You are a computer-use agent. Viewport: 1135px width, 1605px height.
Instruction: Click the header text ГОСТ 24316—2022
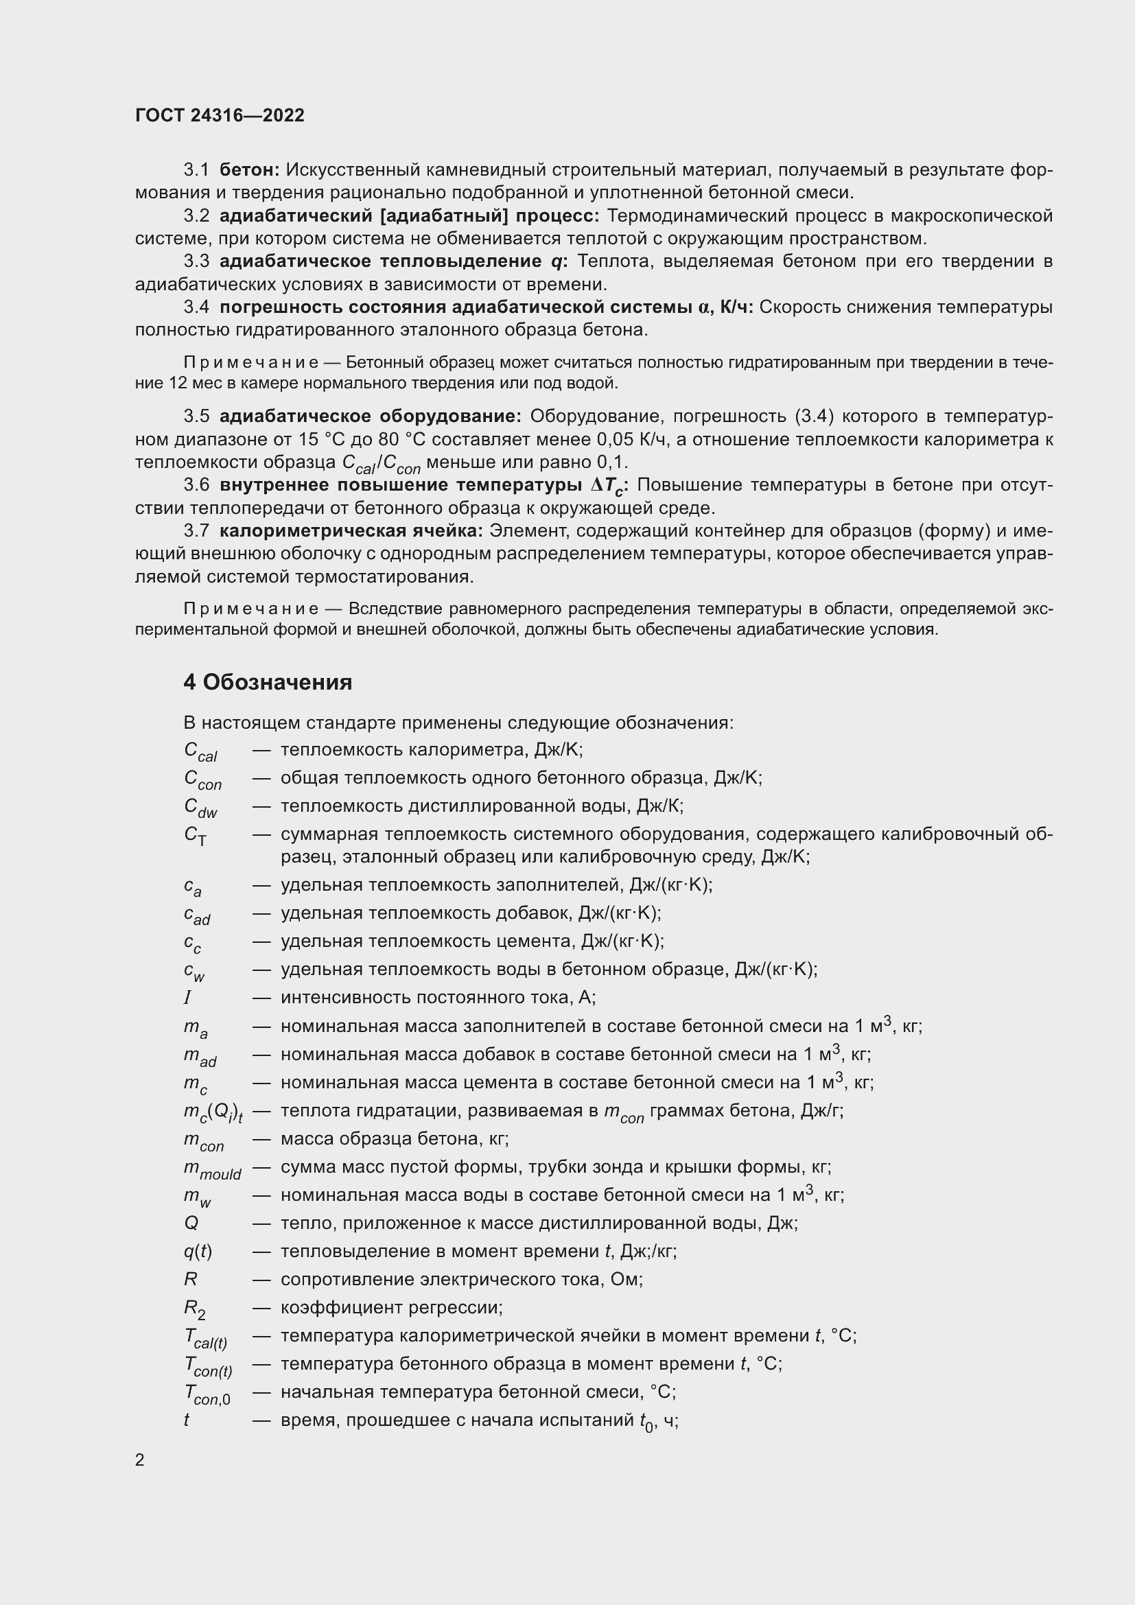tap(220, 115)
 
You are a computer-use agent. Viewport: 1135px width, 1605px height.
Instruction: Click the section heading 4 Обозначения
tap(268, 681)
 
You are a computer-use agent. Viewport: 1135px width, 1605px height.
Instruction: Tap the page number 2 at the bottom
tap(140, 1460)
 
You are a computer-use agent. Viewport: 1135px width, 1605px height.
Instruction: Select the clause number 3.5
tap(196, 416)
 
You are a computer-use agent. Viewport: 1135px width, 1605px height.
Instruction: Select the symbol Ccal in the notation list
tap(200, 751)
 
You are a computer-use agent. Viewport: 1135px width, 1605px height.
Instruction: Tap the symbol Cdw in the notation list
tap(200, 808)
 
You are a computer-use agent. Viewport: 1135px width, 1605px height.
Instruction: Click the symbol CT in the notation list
tap(195, 835)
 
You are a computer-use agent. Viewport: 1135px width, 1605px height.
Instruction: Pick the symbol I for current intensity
tap(187, 998)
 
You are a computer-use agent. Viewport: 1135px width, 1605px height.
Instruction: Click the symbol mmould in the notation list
tap(212, 1169)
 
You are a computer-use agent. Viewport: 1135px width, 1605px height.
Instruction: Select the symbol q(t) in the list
tap(197, 1252)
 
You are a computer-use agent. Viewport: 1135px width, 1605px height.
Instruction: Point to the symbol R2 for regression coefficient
tap(194, 1309)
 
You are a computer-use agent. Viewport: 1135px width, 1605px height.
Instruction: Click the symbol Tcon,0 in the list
tap(207, 1394)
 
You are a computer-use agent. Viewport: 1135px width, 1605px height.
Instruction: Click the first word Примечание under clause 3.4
tap(251, 362)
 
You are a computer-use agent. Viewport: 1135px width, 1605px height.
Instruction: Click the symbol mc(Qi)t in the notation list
tap(213, 1112)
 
